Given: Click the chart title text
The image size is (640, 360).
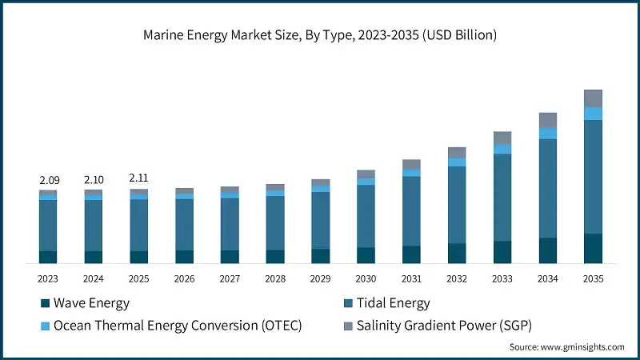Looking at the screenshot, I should (320, 35).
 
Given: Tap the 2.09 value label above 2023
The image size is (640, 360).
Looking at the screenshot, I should (48, 181).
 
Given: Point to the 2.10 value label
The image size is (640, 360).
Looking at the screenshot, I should (94, 181).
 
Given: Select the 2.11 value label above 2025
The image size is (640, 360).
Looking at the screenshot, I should (139, 178).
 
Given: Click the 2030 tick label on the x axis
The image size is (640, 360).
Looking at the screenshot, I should (366, 278).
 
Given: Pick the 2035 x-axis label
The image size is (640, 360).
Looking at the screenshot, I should (593, 278).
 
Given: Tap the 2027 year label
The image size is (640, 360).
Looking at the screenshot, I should (230, 278).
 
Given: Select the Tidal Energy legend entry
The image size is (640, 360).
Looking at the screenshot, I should (393, 303).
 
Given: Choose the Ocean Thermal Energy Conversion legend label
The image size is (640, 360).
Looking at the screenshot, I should (177, 326).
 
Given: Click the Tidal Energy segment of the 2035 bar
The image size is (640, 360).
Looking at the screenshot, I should (593, 176).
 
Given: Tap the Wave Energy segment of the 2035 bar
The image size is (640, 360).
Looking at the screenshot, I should (593, 248).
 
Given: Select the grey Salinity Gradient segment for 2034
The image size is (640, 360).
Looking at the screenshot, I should (547, 120).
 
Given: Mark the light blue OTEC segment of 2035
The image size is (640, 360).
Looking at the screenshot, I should (593, 114).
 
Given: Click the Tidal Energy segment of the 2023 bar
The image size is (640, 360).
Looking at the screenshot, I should (48, 225).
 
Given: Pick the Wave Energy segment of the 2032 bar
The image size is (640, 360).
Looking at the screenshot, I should (457, 253).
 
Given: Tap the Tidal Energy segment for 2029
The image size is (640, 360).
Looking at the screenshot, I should (320, 220).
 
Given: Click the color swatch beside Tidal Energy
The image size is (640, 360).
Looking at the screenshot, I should (348, 303).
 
